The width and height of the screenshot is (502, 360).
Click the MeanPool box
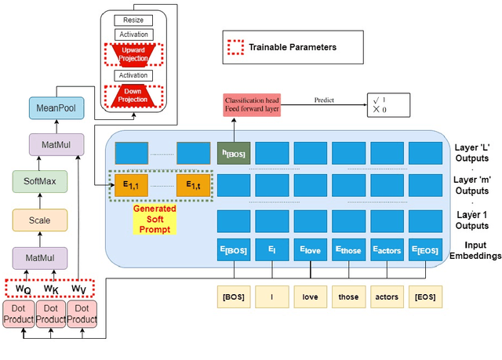pos(49,107)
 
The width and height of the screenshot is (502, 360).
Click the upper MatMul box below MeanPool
pos(49,144)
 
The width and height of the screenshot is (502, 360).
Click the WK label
pos(50,289)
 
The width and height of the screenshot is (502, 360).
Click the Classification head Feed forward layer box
pos(251,106)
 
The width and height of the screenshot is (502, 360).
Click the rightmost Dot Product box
pos(81,315)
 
